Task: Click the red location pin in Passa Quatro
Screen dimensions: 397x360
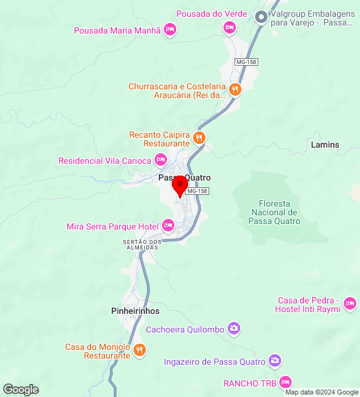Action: (180, 185)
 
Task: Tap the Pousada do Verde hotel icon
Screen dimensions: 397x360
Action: (230, 27)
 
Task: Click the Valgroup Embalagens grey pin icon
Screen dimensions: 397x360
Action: (262, 18)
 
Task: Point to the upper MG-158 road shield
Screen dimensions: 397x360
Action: (246, 62)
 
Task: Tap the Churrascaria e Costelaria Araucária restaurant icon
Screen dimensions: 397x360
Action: (235, 89)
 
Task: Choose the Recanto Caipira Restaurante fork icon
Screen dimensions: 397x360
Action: (199, 138)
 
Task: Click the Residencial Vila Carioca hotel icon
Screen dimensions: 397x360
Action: (160, 160)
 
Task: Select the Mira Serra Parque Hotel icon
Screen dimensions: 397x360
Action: (167, 226)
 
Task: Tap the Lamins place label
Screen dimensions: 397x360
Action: (325, 145)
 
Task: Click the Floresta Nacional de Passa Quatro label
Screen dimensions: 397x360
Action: (279, 212)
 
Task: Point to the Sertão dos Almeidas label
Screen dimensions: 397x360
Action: (142, 244)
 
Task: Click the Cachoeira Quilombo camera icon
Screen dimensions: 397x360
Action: (233, 328)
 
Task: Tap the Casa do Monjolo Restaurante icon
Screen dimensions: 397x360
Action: (140, 350)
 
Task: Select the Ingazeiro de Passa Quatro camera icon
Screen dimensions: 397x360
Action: (275, 361)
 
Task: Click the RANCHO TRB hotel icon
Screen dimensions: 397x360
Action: (286, 381)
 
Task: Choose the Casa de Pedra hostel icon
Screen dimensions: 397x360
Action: (350, 303)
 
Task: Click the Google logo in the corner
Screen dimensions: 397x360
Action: (20, 390)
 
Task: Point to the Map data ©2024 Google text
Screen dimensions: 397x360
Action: (322, 392)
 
